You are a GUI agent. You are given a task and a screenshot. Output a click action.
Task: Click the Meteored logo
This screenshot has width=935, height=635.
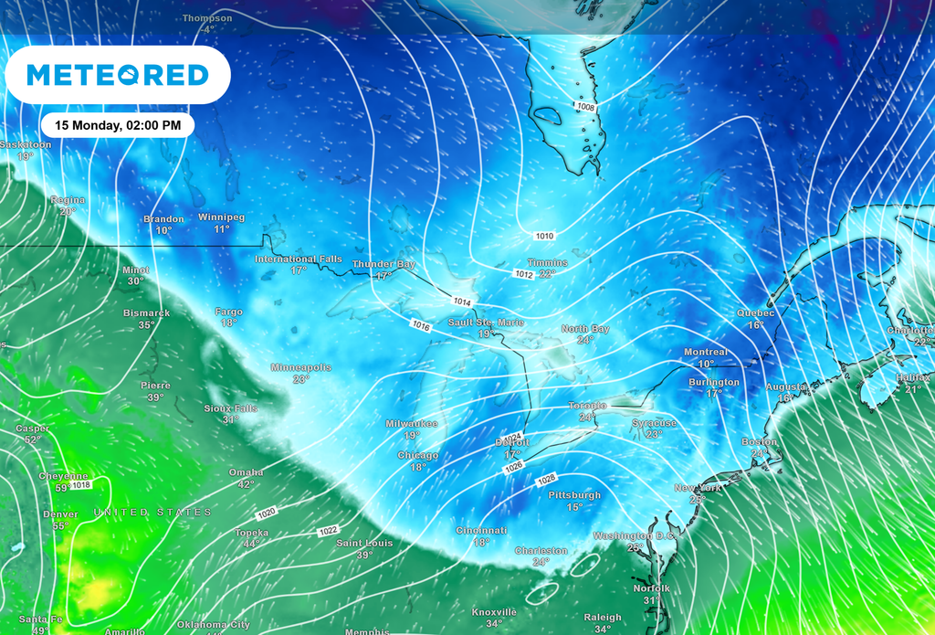point(118,74)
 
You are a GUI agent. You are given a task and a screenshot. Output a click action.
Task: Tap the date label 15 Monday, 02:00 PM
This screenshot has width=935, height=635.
point(118,124)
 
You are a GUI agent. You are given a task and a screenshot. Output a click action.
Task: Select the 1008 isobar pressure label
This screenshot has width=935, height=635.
point(586,107)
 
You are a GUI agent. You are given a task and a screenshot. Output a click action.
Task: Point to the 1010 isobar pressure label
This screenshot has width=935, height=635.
point(544,237)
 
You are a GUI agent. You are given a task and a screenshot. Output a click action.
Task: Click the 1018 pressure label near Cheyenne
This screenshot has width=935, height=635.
point(81,485)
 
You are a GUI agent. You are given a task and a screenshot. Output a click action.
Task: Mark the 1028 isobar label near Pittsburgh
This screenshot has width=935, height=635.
point(546,480)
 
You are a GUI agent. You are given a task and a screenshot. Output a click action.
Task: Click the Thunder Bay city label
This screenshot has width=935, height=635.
point(383,264)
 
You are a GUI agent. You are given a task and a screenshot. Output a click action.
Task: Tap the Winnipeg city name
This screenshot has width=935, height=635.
point(222,217)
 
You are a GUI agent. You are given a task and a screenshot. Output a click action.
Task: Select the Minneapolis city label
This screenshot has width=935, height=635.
point(300,367)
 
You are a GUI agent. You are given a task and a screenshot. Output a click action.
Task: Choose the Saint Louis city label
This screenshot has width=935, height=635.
point(364,544)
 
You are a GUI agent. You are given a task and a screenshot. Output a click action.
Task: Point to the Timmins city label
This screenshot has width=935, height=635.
point(547,262)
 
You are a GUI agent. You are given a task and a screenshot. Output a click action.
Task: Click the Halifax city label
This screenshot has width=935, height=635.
point(913,377)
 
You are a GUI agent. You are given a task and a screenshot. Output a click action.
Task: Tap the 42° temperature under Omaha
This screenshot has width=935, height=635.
point(246,484)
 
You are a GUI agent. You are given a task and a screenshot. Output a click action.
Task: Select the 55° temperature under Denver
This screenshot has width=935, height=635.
point(60,525)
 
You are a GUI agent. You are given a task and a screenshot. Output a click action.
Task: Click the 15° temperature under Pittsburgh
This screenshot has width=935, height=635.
point(573,507)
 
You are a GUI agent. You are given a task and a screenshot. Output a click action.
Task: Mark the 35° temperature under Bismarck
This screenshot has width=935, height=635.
point(146,325)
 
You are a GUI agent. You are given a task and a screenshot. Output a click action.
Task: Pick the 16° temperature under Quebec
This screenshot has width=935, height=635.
point(755,325)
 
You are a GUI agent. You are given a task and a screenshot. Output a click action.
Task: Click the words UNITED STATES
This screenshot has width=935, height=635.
point(152,513)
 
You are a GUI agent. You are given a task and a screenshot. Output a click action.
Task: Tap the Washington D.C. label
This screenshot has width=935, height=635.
point(635,535)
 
